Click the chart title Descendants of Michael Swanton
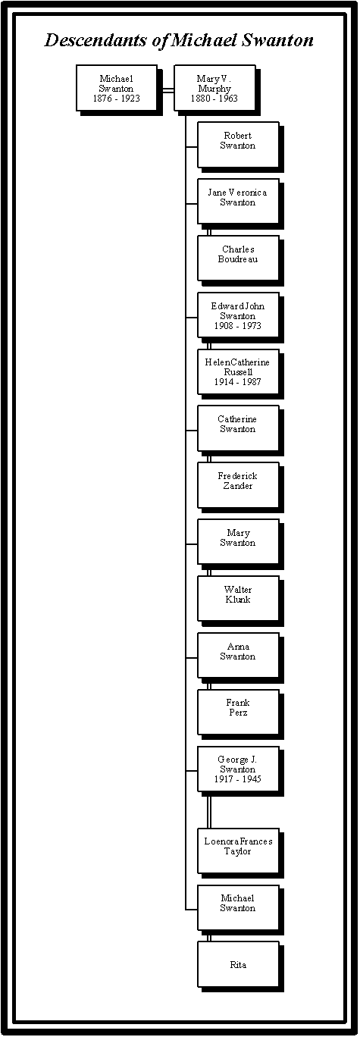(179, 40)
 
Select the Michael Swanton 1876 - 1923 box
(117, 88)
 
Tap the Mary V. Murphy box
(214, 88)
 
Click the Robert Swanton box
(238, 145)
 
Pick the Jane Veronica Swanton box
(238, 202)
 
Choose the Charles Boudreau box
(238, 258)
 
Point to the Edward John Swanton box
(238, 315)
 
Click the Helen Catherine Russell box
(238, 371)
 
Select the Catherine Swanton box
(238, 429)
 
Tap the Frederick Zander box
(238, 485)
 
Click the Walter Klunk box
(238, 599)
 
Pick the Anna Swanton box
(238, 656)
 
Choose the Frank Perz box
(238, 713)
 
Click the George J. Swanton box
(238, 769)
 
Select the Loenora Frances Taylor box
(238, 851)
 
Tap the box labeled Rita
(238, 965)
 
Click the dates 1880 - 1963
(214, 98)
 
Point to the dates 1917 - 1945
(238, 779)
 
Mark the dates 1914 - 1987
(238, 382)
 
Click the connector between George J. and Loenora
(208, 810)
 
